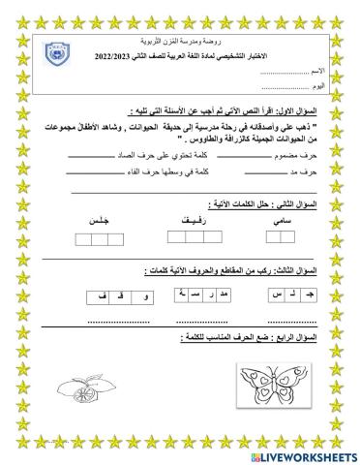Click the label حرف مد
click(308, 171)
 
